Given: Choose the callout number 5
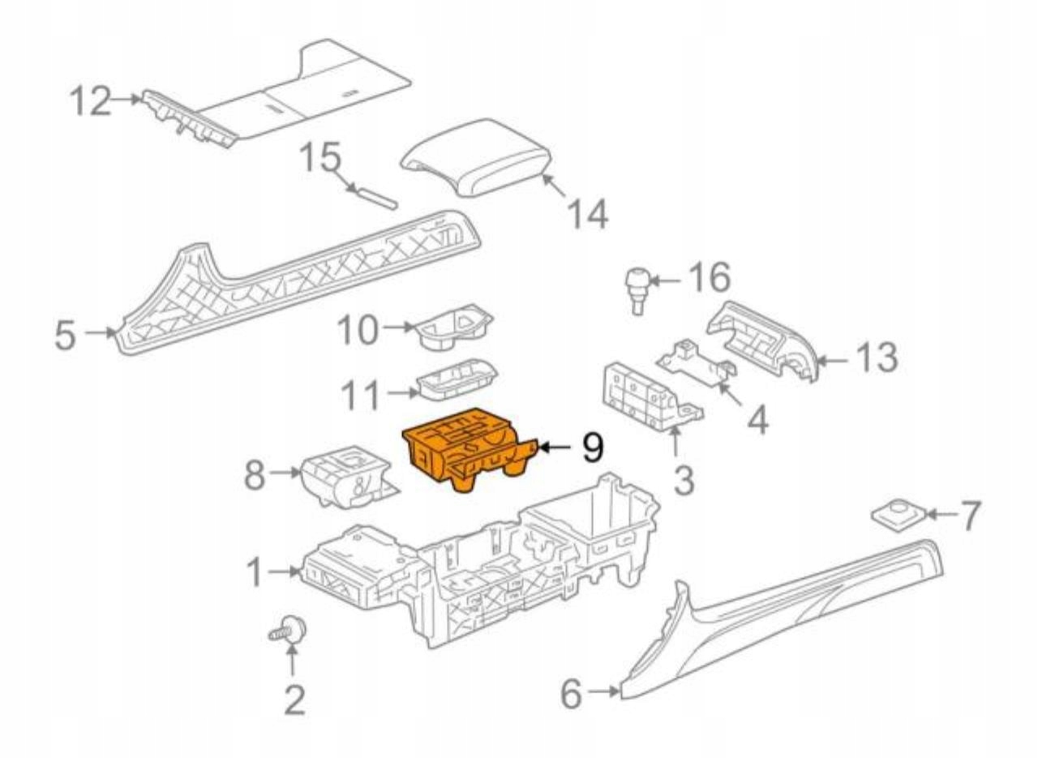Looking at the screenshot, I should pos(69,334).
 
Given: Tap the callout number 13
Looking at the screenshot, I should pos(876,357).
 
